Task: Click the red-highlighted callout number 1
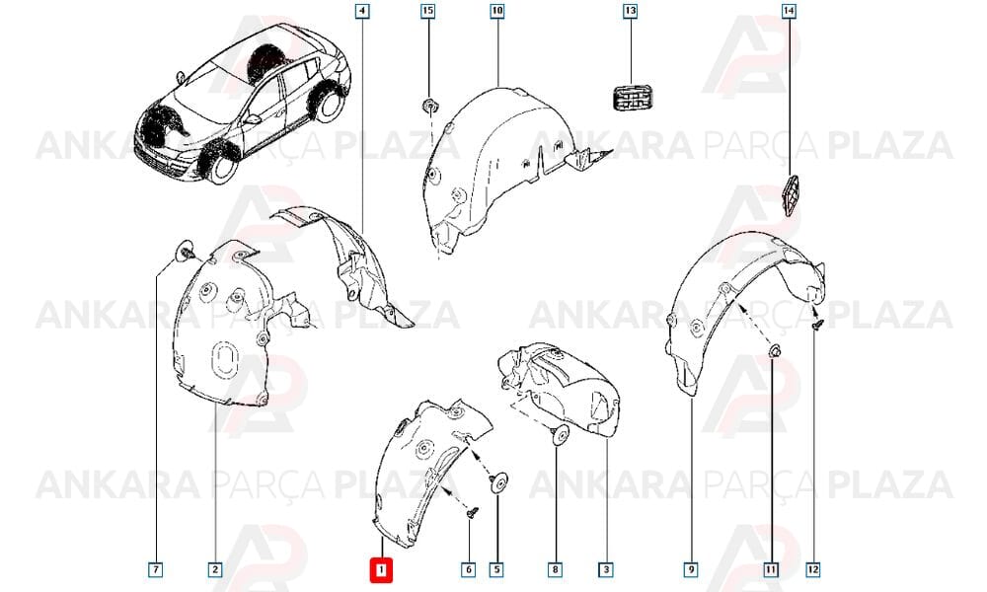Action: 381,570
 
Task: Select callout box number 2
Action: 215,570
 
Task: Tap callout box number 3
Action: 606,570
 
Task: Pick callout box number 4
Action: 362,11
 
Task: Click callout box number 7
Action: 156,570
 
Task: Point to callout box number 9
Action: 691,570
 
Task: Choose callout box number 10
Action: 497,11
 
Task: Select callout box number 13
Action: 630,11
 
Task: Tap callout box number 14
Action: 789,11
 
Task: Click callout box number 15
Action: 428,11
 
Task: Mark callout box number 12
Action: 813,570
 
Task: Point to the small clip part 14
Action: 790,195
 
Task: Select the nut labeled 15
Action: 429,106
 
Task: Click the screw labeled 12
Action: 816,326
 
